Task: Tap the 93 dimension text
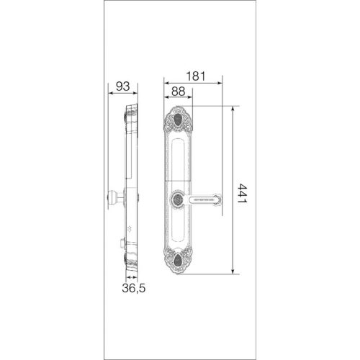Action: click(122, 87)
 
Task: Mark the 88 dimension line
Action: click(179, 99)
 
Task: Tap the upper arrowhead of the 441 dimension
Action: click(233, 109)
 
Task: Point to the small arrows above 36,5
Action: click(132, 276)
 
